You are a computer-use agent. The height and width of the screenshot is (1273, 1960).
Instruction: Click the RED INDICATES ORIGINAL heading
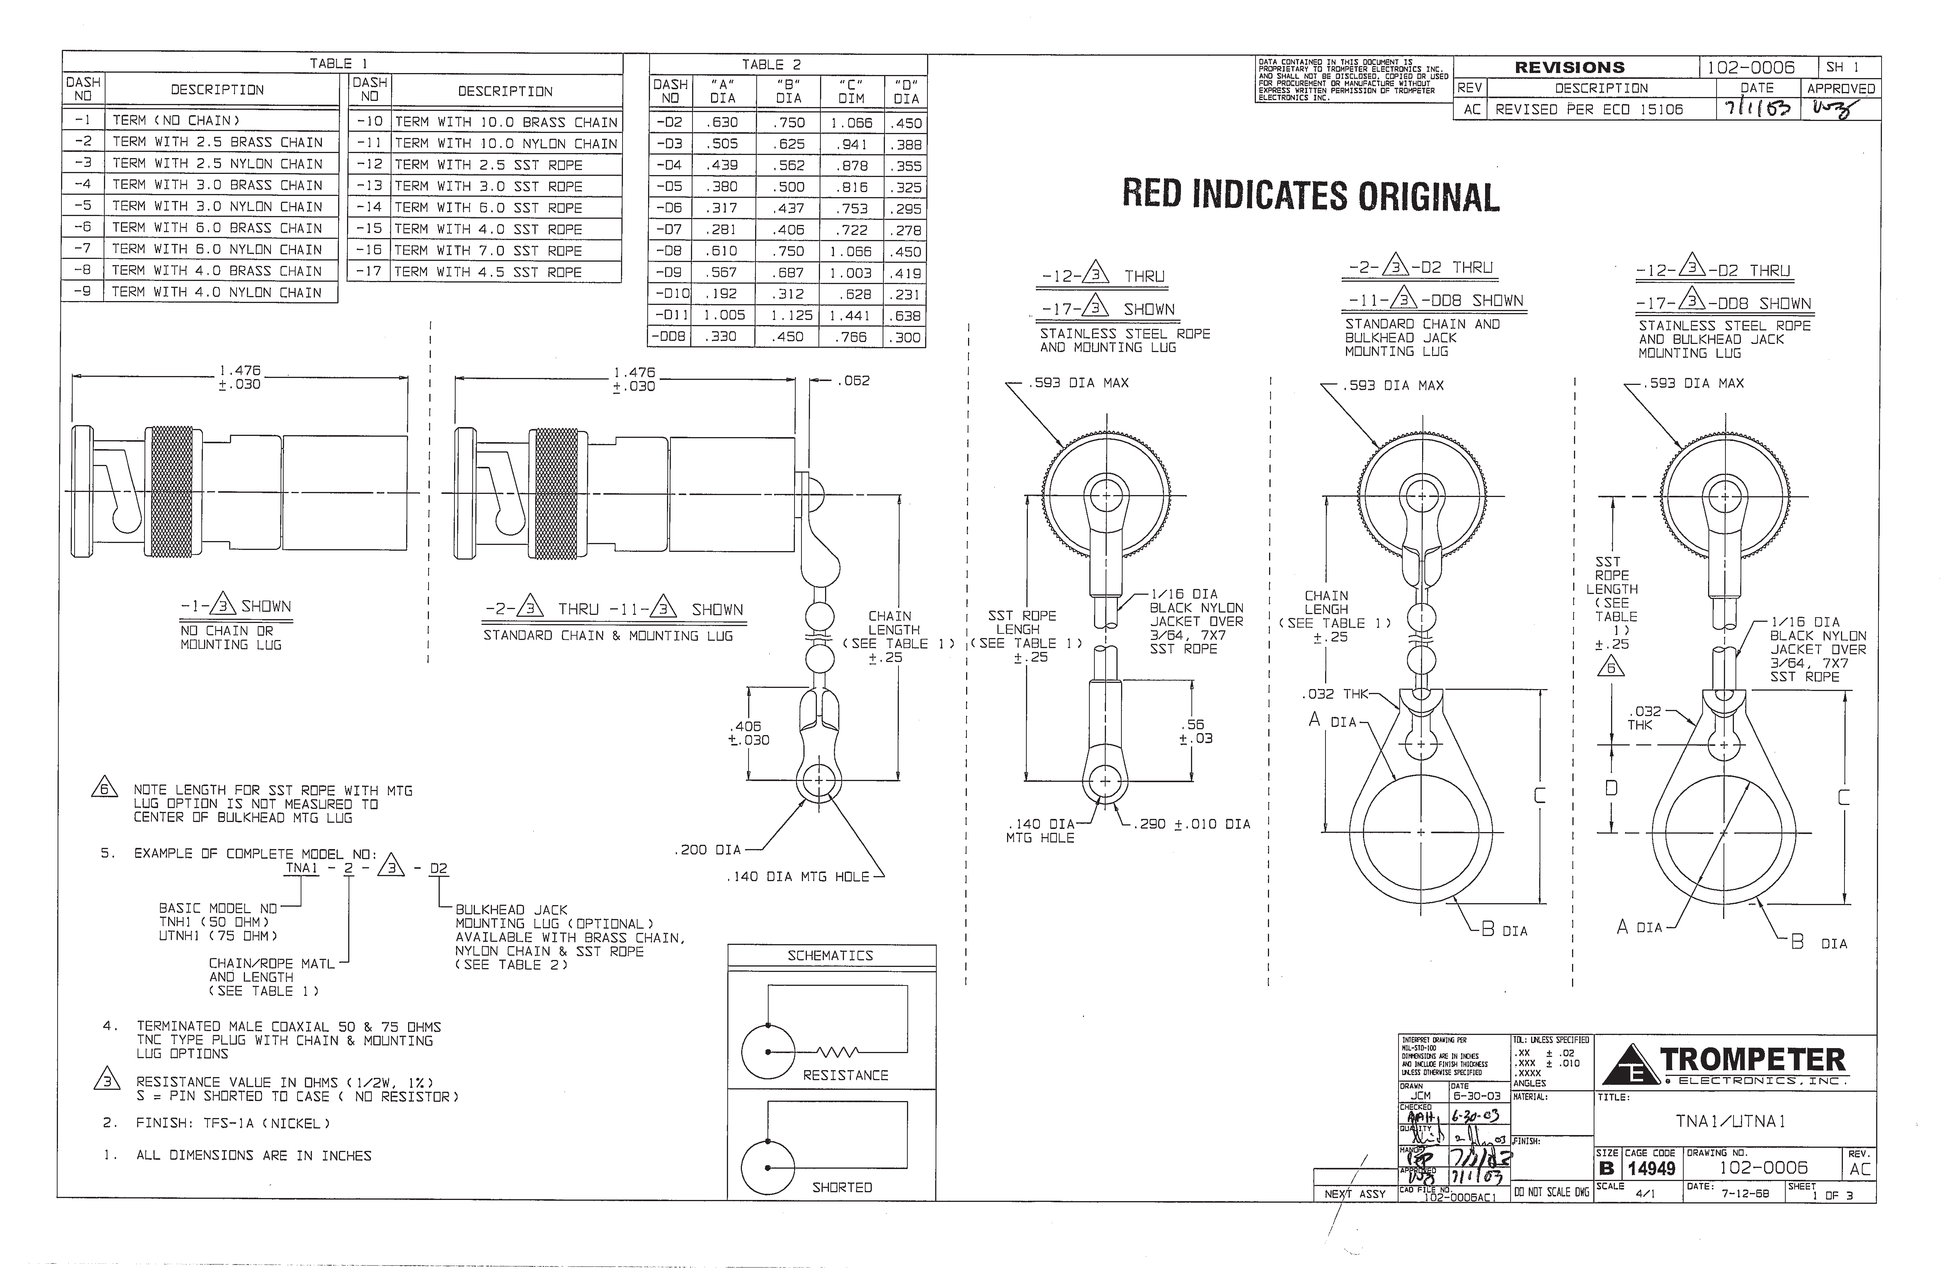tap(1310, 196)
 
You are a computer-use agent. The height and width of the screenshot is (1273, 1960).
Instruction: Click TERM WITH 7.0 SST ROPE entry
tap(488, 250)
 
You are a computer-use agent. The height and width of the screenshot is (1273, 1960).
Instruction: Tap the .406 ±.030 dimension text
tap(748, 733)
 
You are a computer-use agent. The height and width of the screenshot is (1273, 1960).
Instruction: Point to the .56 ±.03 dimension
tap(1195, 731)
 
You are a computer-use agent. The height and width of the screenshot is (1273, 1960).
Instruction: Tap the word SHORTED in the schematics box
tap(842, 1187)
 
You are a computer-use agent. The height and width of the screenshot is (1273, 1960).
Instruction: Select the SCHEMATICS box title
tap(830, 955)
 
